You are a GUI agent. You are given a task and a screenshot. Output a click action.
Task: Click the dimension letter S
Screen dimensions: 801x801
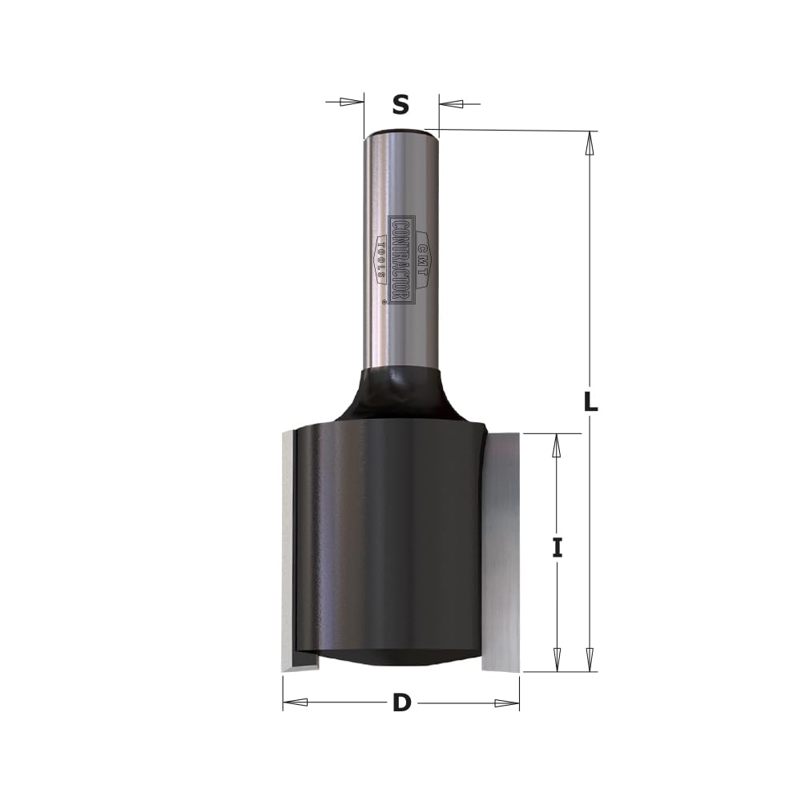pyautogui.click(x=401, y=104)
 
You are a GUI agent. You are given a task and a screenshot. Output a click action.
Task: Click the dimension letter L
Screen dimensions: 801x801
pyautogui.click(x=590, y=401)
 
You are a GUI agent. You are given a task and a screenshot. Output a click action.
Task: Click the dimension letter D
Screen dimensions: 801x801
pyautogui.click(x=402, y=703)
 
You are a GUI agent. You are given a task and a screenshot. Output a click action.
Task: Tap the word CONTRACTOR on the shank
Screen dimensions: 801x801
pyautogui.click(x=400, y=261)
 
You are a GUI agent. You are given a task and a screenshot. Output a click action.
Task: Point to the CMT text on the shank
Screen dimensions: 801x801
pyautogui.click(x=422, y=260)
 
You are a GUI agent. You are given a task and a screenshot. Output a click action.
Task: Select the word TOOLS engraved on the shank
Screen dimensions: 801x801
pyautogui.click(x=380, y=260)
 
